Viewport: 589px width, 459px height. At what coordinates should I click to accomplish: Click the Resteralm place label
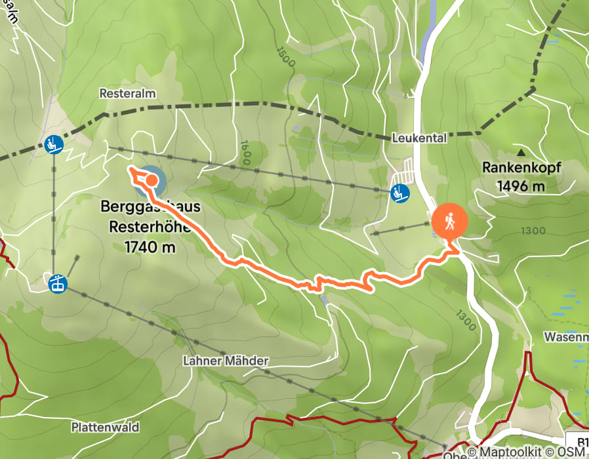coord(127,94)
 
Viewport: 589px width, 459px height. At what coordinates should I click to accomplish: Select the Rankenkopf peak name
coord(521,167)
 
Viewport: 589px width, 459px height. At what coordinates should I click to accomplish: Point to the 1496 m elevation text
coord(521,186)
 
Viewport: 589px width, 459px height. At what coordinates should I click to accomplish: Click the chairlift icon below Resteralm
coord(54,144)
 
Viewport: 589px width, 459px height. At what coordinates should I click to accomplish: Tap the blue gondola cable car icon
coord(58,283)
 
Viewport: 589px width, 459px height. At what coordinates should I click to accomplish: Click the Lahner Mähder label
coord(226,361)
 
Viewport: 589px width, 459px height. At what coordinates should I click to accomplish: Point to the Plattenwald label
coord(105,428)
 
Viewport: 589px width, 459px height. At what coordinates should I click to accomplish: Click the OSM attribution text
coord(571,452)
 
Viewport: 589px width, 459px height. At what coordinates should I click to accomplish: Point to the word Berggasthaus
coord(150,207)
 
